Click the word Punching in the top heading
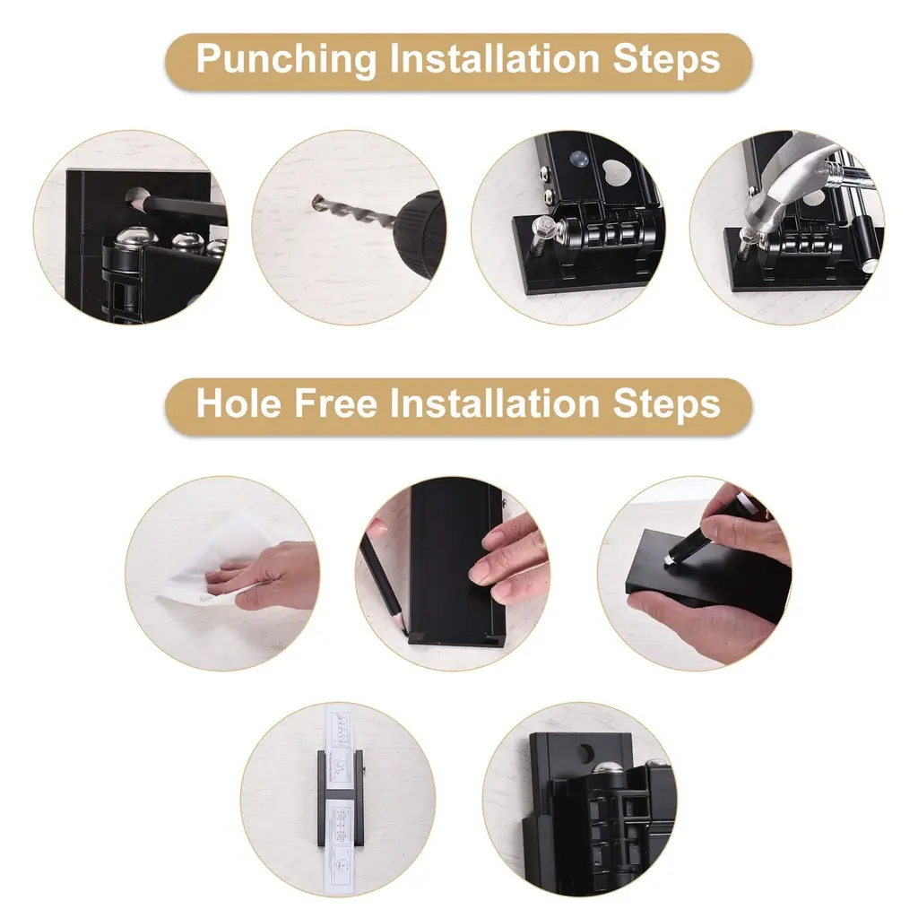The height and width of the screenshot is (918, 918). click(286, 60)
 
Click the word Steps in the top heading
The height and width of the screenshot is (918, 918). click(666, 60)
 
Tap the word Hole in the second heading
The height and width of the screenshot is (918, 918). click(238, 403)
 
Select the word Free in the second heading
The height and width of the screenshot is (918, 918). click(335, 403)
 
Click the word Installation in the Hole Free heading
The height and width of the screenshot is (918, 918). click(495, 403)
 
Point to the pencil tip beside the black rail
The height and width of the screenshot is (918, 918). click(405, 632)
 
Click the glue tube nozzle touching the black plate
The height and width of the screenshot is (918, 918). click(669, 559)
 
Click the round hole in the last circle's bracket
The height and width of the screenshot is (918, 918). click(585, 752)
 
